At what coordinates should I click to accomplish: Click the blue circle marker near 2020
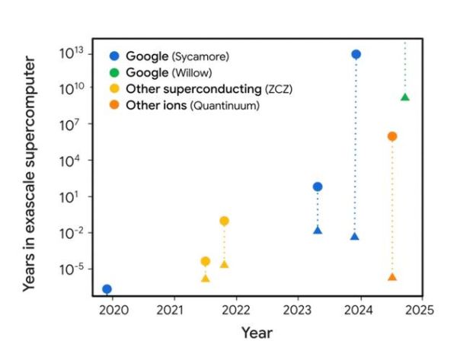[107, 288]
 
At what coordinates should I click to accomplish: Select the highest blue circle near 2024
[356, 54]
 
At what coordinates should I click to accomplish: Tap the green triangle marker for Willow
[405, 97]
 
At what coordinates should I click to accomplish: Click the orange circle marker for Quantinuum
[392, 136]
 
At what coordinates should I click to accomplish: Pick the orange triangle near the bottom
[392, 277]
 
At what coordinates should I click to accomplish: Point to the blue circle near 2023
[318, 186]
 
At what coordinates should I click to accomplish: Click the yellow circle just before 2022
[224, 221]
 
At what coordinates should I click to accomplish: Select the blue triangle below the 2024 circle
[355, 237]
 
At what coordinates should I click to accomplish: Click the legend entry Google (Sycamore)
[177, 56]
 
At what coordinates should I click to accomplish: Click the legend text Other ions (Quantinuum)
[192, 106]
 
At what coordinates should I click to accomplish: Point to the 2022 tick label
[237, 311]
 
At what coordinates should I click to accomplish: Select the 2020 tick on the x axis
[113, 311]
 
